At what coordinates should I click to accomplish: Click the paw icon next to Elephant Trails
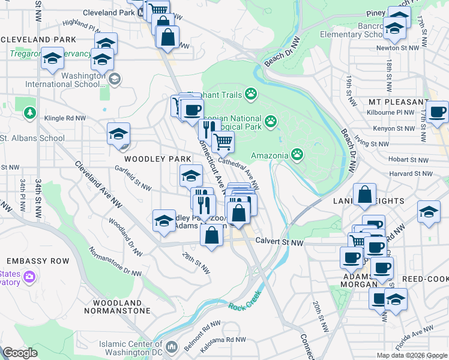pyautogui.click(x=250, y=94)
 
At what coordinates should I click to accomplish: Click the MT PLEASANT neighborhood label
pyautogui.click(x=399, y=102)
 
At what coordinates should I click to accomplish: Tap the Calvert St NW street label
pyautogui.click(x=279, y=242)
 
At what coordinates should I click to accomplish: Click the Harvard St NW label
pyautogui.click(x=411, y=174)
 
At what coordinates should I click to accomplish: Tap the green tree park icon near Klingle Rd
pyautogui.click(x=29, y=113)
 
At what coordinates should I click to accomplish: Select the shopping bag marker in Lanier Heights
pyautogui.click(x=364, y=195)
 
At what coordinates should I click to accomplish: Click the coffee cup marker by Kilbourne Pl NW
pyautogui.click(x=437, y=111)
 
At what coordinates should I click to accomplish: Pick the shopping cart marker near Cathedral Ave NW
pyautogui.click(x=223, y=142)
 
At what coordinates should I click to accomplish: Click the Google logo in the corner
pyautogui.click(x=20, y=353)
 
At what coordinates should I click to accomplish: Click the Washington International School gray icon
pyautogui.click(x=114, y=79)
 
